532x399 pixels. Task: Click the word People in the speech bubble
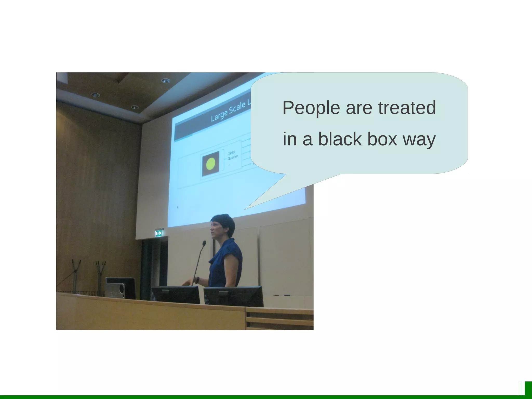click(x=311, y=108)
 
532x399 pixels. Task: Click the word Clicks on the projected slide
click(x=231, y=153)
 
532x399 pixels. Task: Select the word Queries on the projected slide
click(x=233, y=158)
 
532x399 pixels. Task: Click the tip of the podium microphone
click(x=204, y=243)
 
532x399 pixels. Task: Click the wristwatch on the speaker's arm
click(x=197, y=280)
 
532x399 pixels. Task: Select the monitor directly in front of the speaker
click(x=176, y=295)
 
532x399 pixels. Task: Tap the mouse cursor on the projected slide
click(x=178, y=207)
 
